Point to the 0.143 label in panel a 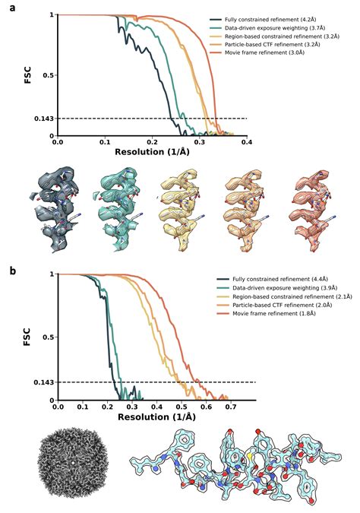point(43,119)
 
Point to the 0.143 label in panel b point(43,382)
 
